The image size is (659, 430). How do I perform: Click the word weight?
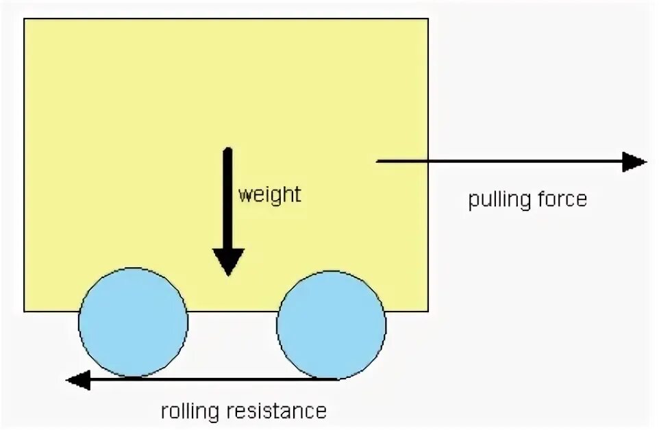[x=269, y=194]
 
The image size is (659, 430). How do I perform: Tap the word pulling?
[x=500, y=200]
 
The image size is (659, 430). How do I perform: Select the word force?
[x=562, y=199]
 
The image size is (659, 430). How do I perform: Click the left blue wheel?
[x=133, y=322]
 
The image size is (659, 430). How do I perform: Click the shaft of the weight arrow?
[x=228, y=199]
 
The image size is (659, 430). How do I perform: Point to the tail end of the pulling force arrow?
[x=378, y=161]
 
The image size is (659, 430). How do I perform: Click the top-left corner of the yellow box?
[x=25, y=19]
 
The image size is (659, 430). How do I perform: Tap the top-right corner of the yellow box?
[x=428, y=19]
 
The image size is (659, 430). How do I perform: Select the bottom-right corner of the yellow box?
[x=428, y=312]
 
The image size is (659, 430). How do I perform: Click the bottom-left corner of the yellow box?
[x=25, y=312]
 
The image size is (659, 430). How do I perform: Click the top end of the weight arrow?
[x=228, y=149]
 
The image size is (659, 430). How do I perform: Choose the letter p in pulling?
[x=473, y=201]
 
